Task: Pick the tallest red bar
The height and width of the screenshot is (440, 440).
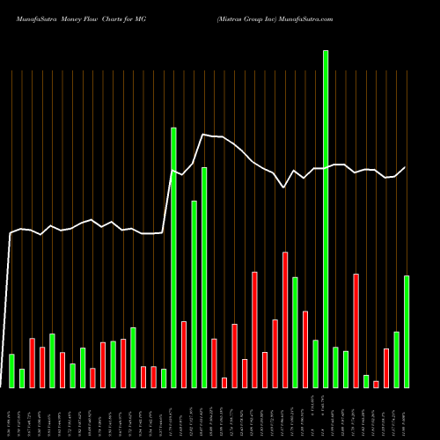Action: [285, 319]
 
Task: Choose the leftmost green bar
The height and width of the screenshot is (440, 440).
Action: [11, 370]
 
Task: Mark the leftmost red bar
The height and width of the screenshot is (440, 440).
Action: [32, 363]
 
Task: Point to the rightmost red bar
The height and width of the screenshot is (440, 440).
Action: [386, 368]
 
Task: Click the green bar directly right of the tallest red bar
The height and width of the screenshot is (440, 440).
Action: [295, 332]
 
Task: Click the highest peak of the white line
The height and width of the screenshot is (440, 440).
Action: [204, 135]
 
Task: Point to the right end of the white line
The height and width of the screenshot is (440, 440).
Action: [406, 167]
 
